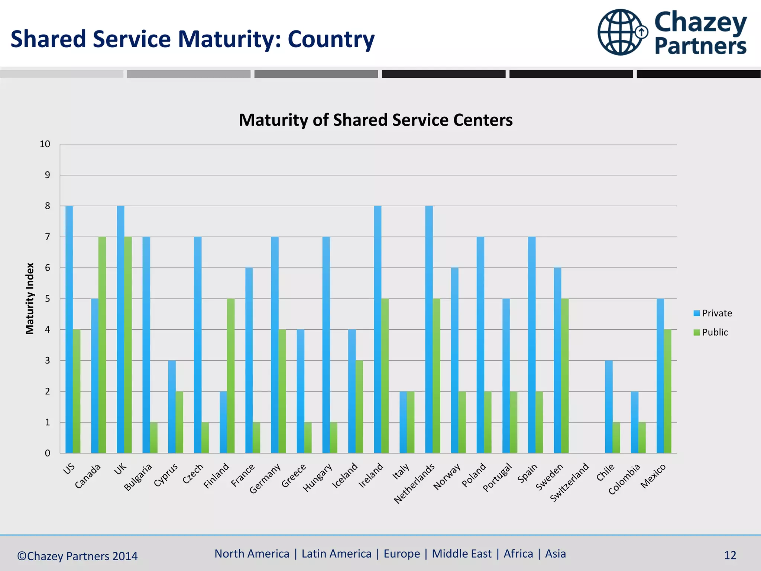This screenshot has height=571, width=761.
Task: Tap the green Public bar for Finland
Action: pos(231,376)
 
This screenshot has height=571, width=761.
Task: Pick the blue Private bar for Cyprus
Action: pos(172,407)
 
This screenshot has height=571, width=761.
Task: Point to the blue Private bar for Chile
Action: pos(609,407)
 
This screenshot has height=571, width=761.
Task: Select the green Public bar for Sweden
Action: pos(565,376)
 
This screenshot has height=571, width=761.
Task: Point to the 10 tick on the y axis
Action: pos(45,144)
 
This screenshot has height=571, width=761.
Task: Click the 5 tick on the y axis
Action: pos(47,299)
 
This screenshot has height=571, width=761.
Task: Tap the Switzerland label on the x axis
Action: pos(570,482)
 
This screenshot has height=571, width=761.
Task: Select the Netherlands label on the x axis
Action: pos(415,484)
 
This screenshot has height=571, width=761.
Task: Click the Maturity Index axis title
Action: pos(30,299)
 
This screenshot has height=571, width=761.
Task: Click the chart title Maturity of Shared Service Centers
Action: pos(376,120)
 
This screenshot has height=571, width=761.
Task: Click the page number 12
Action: pos(730,555)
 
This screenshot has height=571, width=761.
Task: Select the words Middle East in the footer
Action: pos(462,554)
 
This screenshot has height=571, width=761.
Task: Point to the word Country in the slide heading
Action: pos(331,39)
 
